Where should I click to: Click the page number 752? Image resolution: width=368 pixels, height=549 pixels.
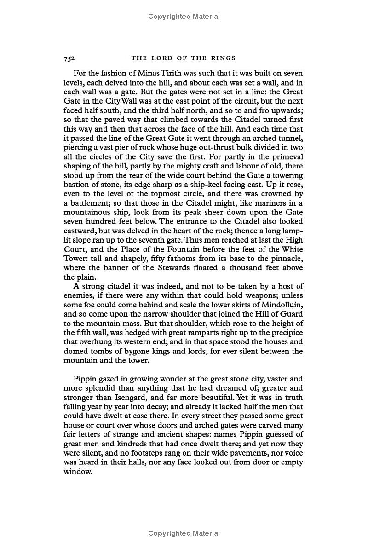click(x=69, y=58)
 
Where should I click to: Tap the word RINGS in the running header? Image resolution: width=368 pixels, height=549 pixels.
click(x=222, y=58)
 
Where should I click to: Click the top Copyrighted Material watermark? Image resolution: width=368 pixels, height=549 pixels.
click(x=184, y=17)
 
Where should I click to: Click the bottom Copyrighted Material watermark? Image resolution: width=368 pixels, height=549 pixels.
click(x=184, y=533)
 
